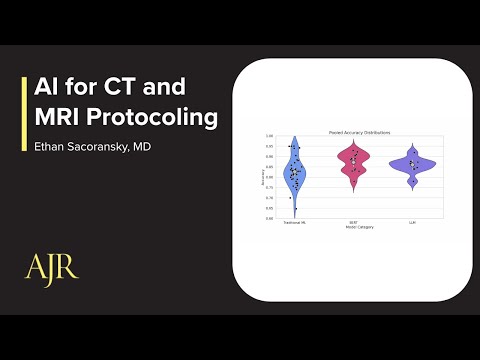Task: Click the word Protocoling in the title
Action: pyautogui.click(x=153, y=117)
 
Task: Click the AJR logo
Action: pyautogui.click(x=51, y=267)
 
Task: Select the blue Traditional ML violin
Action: pyautogui.click(x=294, y=172)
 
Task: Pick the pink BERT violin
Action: pyautogui.click(x=353, y=162)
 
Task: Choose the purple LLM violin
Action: pyautogui.click(x=412, y=165)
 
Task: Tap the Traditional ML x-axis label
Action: pyautogui.click(x=294, y=222)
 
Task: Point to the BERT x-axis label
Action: pyautogui.click(x=353, y=222)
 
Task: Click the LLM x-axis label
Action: pyautogui.click(x=412, y=222)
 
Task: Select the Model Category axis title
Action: pyautogui.click(x=353, y=227)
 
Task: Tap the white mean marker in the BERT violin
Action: pyautogui.click(x=353, y=160)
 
